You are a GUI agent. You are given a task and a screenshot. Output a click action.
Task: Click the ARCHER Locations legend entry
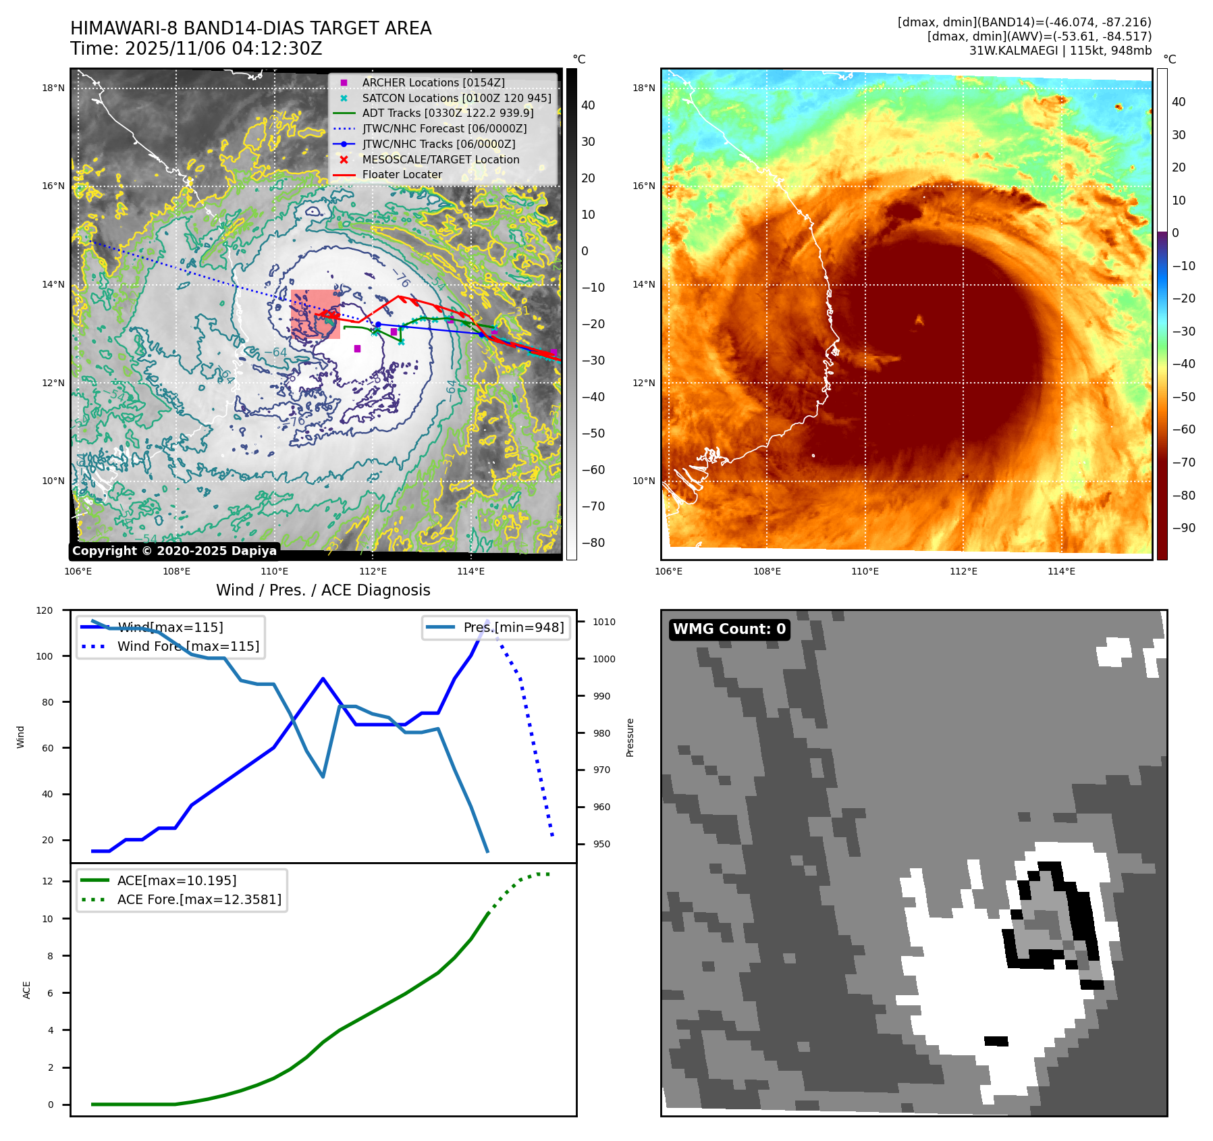tap(433, 82)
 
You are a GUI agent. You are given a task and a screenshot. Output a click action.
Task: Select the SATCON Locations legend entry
tap(456, 98)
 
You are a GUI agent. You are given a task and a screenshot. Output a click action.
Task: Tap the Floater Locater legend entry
tap(402, 174)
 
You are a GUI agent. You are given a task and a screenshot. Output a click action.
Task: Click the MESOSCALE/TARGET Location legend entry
tap(440, 159)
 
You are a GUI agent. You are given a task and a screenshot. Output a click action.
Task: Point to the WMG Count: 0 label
tap(729, 629)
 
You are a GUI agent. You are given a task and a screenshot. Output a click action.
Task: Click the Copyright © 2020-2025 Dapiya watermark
tap(174, 551)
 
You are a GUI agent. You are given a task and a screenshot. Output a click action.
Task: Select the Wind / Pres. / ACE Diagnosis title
tap(323, 590)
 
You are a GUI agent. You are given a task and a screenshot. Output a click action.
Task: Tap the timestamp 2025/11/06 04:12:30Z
tap(223, 49)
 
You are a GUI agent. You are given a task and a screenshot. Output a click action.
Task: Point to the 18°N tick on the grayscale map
tap(53, 88)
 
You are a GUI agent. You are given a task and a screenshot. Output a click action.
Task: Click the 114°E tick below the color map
tap(1061, 571)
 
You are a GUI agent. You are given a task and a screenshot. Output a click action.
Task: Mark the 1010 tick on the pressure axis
tap(604, 622)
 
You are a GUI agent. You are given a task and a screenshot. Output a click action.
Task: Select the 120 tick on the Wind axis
tap(45, 610)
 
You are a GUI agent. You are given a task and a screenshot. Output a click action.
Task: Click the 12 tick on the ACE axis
tap(47, 881)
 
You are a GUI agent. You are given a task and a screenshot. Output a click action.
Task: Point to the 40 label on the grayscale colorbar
tap(588, 105)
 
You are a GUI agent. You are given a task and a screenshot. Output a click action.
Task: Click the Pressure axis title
tap(630, 737)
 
